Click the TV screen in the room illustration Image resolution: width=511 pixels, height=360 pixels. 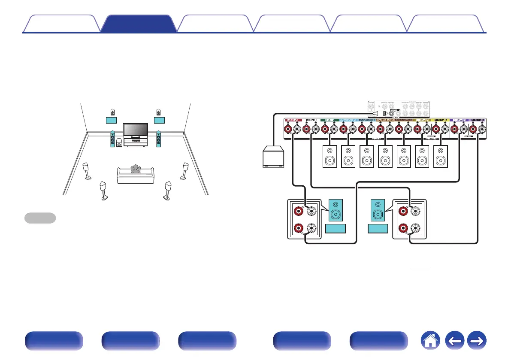[136, 130]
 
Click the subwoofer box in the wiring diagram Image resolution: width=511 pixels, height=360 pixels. [273, 158]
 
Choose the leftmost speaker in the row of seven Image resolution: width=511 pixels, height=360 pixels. [330, 157]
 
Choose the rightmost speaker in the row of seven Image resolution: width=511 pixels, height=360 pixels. [441, 157]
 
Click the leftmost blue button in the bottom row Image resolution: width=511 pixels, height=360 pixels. [53, 342]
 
